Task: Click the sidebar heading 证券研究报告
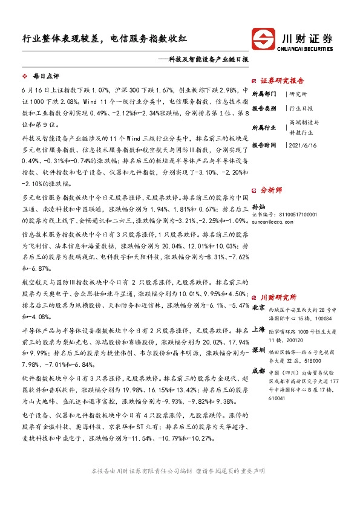click(x=282, y=80)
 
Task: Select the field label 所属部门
click(x=263, y=94)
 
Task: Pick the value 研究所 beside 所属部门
click(x=298, y=94)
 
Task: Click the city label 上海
click(x=258, y=330)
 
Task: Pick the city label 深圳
click(x=258, y=350)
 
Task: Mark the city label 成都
click(x=258, y=371)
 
